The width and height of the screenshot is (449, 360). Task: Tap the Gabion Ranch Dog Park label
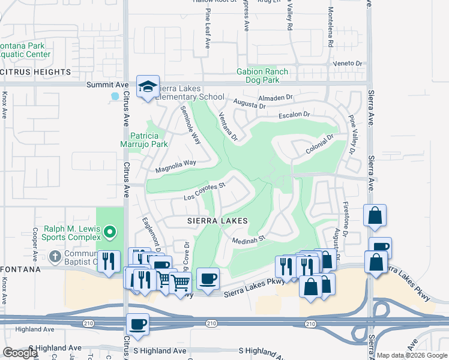coord(262,76)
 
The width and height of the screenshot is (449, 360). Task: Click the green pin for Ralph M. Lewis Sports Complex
coord(109,231)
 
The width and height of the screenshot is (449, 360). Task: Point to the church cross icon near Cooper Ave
coord(55,257)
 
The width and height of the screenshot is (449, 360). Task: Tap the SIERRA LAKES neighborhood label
coord(216,221)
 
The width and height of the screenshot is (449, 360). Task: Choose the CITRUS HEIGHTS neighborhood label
coord(35,72)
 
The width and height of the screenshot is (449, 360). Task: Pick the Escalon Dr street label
coord(294,115)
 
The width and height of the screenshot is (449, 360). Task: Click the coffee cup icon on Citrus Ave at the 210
coord(137,325)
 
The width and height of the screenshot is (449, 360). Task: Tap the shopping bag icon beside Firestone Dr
coord(375,217)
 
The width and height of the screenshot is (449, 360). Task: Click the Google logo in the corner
coord(20,353)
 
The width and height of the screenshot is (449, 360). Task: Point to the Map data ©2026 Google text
coord(412,355)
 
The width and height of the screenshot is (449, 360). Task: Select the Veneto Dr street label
coord(352,63)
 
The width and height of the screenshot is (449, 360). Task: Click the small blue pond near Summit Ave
coord(115,95)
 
